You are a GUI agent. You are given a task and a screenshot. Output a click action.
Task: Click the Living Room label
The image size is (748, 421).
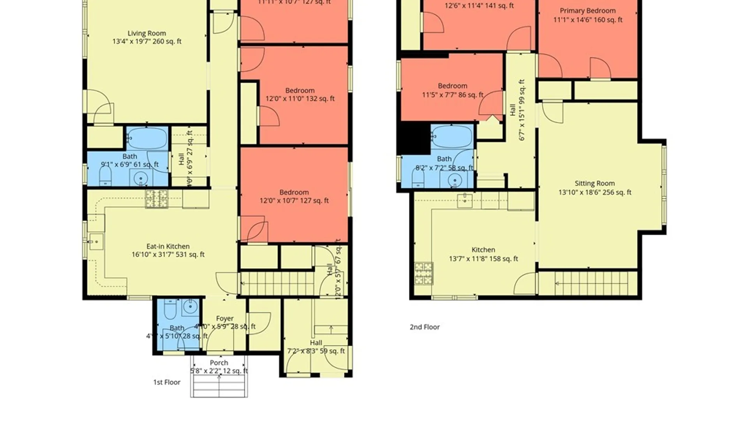click(x=146, y=34)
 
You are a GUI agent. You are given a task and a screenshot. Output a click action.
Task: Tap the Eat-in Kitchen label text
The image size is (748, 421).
click(x=168, y=246)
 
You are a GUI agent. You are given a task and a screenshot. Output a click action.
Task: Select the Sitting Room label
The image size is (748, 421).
click(x=595, y=183)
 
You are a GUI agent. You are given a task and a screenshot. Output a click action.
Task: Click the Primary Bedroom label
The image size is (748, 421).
click(x=587, y=11)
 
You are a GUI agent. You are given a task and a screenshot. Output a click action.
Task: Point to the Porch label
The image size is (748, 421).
click(x=219, y=363)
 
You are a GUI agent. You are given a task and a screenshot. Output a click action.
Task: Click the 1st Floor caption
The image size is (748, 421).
click(x=167, y=382)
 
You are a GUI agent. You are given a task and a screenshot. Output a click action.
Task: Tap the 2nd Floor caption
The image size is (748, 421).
click(x=425, y=327)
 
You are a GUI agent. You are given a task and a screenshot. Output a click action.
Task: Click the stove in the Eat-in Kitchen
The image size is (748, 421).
click(x=157, y=199)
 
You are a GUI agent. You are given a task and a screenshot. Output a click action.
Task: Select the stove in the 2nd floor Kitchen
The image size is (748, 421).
click(x=424, y=274)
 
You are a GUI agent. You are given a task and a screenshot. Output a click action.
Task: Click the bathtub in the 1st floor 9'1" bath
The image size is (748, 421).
click(x=147, y=138)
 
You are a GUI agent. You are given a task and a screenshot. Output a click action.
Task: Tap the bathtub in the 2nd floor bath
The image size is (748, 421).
click(x=452, y=136)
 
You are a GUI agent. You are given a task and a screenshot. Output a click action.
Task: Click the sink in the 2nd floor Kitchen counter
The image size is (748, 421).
click(x=464, y=201)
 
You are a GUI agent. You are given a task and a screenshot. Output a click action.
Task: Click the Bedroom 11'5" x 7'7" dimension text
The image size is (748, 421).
click(x=452, y=95)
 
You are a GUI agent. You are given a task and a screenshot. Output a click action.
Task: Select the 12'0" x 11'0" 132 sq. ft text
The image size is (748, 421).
click(x=300, y=99)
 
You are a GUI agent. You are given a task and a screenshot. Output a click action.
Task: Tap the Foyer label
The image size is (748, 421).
click(x=225, y=318)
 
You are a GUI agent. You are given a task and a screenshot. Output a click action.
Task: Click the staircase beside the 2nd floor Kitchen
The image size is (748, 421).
click(x=587, y=283)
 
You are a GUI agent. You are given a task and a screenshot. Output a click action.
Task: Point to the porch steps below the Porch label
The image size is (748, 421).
click(x=219, y=387)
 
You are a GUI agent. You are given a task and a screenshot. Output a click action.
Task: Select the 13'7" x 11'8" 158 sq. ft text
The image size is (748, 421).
click(x=483, y=258)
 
